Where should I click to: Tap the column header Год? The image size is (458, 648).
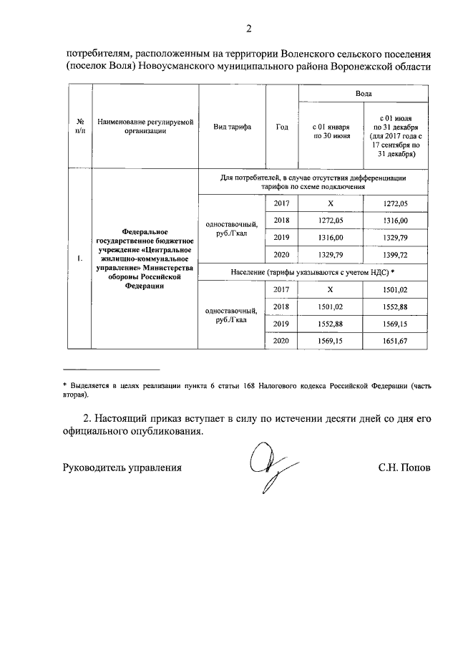(281, 127)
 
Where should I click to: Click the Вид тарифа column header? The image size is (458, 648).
(232, 127)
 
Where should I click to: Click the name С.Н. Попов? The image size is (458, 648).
(405, 468)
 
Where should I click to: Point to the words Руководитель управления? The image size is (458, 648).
(122, 468)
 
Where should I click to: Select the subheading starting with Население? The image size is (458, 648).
(313, 272)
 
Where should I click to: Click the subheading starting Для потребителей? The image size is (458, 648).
(313, 182)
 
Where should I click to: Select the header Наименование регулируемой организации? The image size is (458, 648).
(146, 127)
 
